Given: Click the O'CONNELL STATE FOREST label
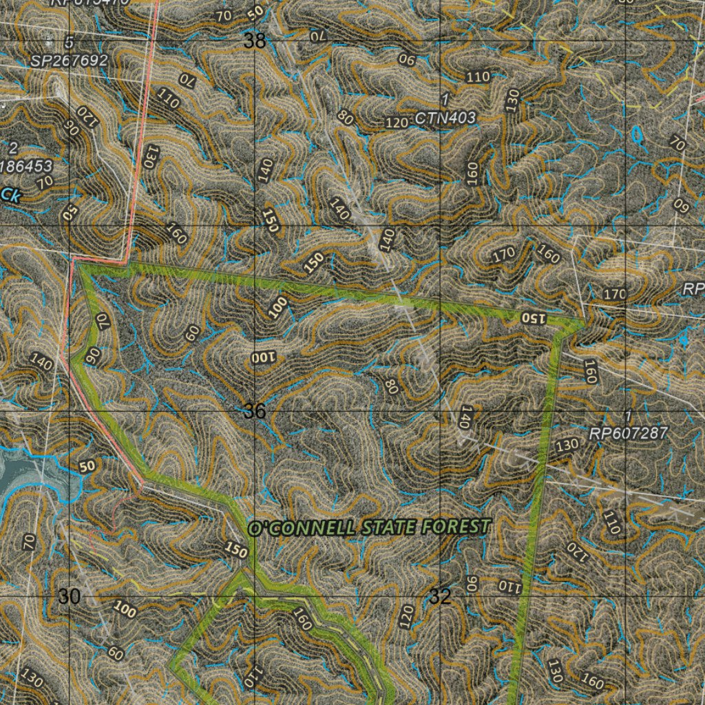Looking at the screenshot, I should pyautogui.click(x=369, y=527).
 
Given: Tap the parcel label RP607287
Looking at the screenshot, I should pyautogui.click(x=628, y=434).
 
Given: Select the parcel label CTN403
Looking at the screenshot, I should pyautogui.click(x=445, y=118).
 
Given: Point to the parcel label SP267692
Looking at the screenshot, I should pyautogui.click(x=69, y=61).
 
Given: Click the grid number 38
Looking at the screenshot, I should pyautogui.click(x=254, y=41).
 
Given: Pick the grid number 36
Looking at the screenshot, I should pyautogui.click(x=254, y=411).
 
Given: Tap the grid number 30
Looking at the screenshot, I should pyautogui.click(x=69, y=596).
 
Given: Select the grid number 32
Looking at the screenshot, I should pyautogui.click(x=439, y=596).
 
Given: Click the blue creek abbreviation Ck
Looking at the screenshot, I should pyautogui.click(x=10, y=196).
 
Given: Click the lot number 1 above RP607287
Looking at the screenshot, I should pyautogui.click(x=627, y=417).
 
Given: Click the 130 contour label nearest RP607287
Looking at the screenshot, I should pyautogui.click(x=567, y=445).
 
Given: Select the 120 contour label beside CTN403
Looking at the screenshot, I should pyautogui.click(x=397, y=123).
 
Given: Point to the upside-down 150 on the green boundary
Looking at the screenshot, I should pyautogui.click(x=533, y=318).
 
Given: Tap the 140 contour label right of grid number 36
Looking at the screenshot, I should pyautogui.click(x=466, y=417).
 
